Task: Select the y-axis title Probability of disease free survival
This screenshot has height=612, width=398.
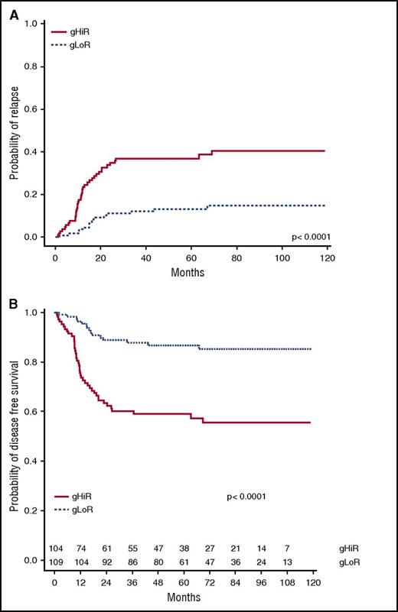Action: point(14,426)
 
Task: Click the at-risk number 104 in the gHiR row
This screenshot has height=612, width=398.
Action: point(55,549)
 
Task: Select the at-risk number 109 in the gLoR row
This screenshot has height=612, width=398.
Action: point(55,561)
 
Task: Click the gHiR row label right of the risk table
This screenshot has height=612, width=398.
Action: point(348,549)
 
